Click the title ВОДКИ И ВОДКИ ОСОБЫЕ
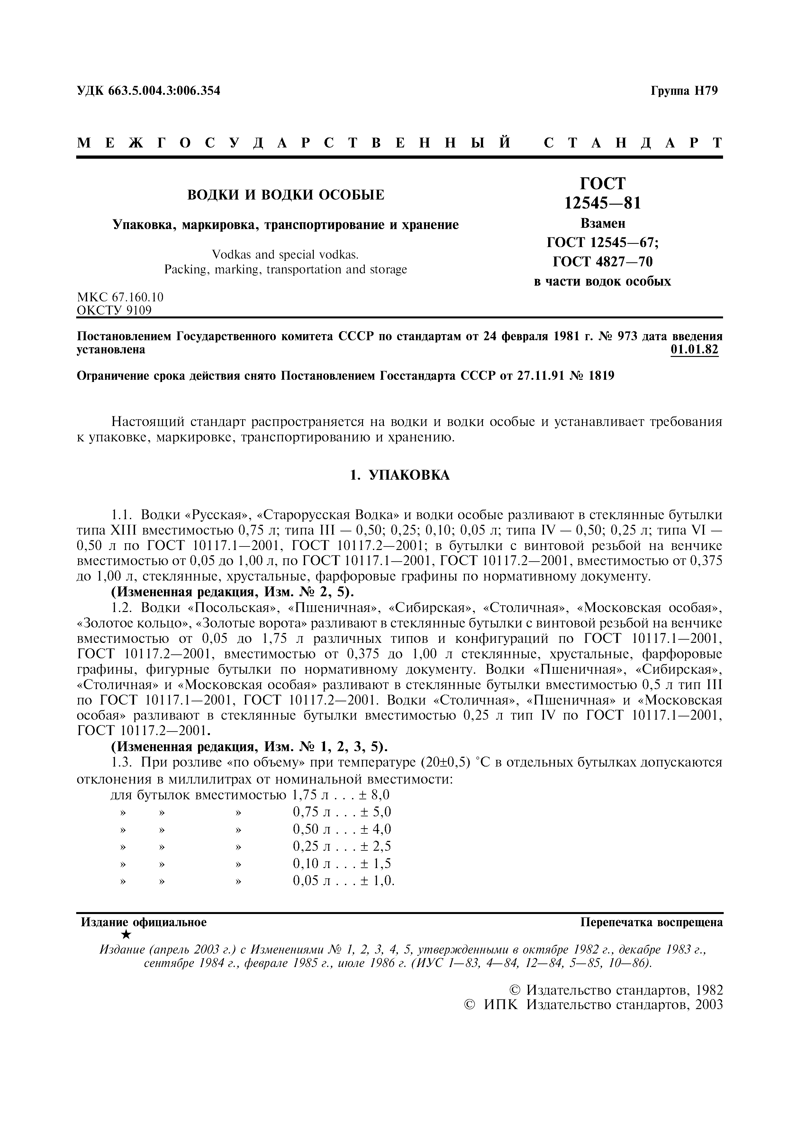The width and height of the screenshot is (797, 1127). coord(286,195)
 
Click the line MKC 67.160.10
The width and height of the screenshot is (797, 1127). coord(120,297)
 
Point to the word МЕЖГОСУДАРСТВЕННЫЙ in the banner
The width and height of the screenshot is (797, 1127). coord(294,143)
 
